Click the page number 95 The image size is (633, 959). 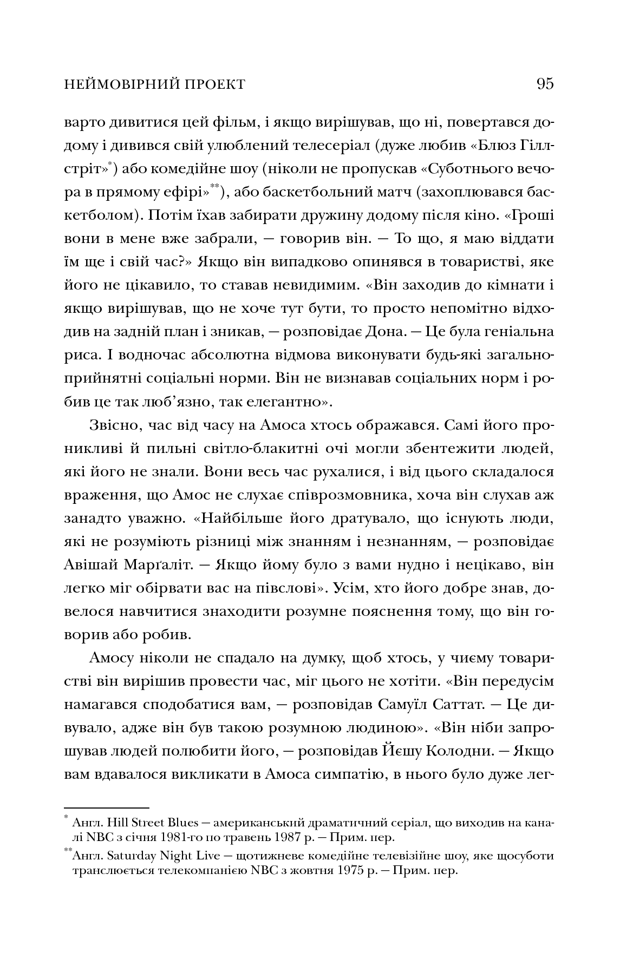545,84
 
